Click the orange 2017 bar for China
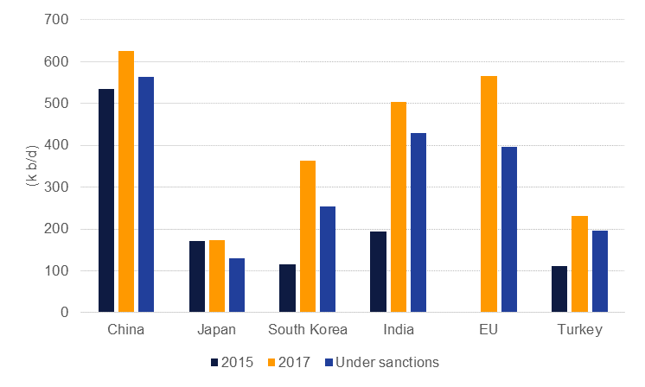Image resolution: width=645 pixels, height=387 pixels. pyautogui.click(x=126, y=181)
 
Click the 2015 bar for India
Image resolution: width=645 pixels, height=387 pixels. pyautogui.click(x=378, y=272)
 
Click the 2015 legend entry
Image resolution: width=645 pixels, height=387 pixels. pyautogui.click(x=232, y=363)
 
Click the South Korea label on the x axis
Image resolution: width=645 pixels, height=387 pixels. pyautogui.click(x=308, y=330)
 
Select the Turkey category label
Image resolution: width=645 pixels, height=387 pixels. pyautogui.click(x=579, y=330)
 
